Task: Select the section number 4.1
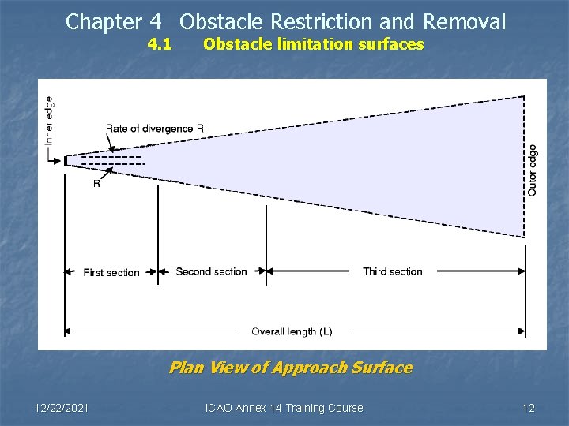click(160, 44)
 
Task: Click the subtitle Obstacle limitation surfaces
click(313, 44)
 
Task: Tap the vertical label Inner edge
click(49, 120)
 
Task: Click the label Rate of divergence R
click(155, 129)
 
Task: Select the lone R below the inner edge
click(96, 184)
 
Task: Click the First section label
click(111, 272)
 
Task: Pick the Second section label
click(211, 271)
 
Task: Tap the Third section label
click(393, 271)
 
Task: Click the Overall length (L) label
click(292, 331)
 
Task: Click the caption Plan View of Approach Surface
click(291, 368)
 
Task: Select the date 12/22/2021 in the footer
click(62, 408)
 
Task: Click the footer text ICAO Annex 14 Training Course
click(284, 408)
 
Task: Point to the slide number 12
click(529, 408)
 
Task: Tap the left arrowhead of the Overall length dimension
click(68, 331)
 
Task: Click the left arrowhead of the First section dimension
click(68, 272)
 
